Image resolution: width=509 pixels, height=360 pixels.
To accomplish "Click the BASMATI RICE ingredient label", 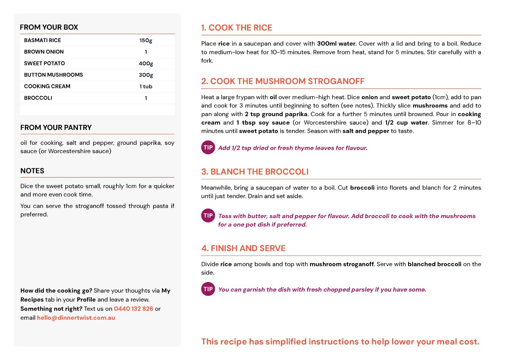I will [42, 40].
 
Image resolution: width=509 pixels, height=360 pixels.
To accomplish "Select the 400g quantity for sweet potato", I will [146, 64].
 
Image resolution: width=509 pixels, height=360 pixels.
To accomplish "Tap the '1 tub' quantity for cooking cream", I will [146, 86].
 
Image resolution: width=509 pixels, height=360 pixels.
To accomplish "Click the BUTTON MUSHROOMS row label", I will [53, 75].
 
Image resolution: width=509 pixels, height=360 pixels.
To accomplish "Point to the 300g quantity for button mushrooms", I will [146, 75].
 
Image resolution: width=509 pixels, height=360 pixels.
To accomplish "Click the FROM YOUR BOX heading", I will [49, 27].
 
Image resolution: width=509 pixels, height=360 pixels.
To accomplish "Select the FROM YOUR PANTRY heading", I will [56, 127].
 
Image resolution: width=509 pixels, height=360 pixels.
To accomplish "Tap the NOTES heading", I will [32, 171].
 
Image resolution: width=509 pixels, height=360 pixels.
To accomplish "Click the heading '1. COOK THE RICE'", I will [237, 28].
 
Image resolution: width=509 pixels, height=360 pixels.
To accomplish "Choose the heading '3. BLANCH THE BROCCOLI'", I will [255, 172].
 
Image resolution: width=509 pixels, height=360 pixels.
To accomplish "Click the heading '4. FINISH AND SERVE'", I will [243, 248].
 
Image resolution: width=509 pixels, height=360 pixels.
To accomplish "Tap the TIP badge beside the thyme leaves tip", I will [208, 148].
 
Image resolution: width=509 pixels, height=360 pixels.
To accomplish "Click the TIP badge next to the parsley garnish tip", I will [208, 289].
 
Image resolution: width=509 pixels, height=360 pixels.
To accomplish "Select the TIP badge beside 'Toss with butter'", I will [208, 216].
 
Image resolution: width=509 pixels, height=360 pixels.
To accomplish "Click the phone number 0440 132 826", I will [134, 309].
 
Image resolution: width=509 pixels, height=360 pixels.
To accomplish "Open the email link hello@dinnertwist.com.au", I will [76, 318].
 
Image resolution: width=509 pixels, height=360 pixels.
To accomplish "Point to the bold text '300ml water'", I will [336, 44].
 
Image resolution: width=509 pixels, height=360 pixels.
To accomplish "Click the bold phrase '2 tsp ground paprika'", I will [276, 114].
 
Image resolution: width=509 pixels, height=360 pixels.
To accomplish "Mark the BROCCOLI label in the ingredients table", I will [38, 98].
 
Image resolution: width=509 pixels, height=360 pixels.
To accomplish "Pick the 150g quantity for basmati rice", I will [146, 40].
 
